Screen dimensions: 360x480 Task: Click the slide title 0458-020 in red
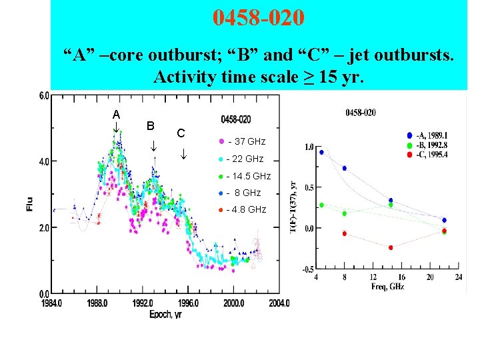coord(259,18)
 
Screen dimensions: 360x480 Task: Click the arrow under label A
coord(115,127)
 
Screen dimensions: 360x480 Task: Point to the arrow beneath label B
coord(153,145)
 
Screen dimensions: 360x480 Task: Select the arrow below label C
coord(184,155)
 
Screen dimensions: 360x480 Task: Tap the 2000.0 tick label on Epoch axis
coord(233,303)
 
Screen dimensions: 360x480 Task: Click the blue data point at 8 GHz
coord(345,168)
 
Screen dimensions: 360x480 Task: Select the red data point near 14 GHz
coord(391,247)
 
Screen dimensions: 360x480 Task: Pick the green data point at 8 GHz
coord(345,213)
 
